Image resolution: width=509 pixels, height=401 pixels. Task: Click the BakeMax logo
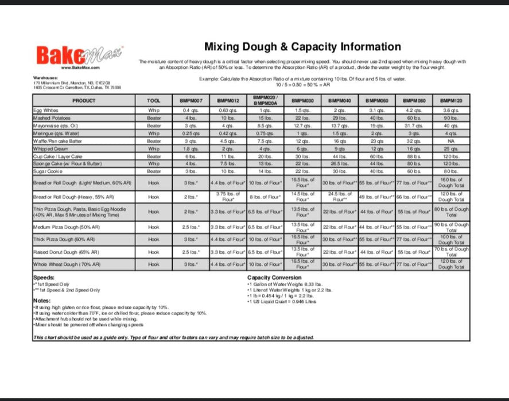(x=79, y=56)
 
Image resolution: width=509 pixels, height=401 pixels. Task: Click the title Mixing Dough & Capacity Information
(x=302, y=47)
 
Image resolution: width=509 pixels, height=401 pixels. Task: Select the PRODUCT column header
(x=84, y=100)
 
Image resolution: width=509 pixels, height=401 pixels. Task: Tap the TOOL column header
(x=154, y=100)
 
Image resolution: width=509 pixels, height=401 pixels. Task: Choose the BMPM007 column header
(x=191, y=100)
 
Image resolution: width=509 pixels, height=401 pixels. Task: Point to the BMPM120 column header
(x=451, y=100)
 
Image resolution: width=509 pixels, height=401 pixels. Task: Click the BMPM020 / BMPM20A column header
(x=265, y=100)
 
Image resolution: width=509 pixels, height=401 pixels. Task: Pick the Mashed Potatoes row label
(x=52, y=117)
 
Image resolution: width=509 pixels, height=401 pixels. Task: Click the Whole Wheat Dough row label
(x=67, y=265)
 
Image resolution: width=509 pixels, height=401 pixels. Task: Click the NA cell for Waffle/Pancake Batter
(x=451, y=140)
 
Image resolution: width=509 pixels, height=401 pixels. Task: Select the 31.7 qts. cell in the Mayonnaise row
(x=414, y=125)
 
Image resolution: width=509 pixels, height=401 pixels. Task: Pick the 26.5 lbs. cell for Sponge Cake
(x=340, y=163)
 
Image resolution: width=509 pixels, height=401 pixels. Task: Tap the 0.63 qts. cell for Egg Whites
(x=228, y=110)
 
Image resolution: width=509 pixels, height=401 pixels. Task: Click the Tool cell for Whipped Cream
(x=154, y=148)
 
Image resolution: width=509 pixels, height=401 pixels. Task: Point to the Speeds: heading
(x=44, y=278)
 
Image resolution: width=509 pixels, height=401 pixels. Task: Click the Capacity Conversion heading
(x=274, y=278)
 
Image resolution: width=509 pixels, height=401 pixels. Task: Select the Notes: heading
(x=42, y=301)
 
